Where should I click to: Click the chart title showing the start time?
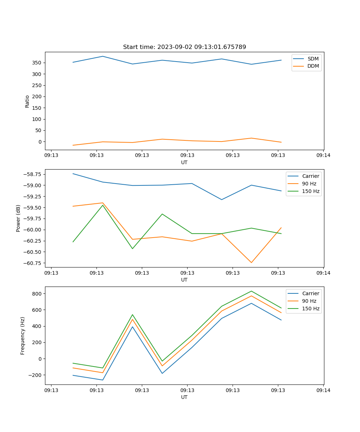(x=184, y=47)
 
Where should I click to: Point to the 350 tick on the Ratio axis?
(x=38, y=63)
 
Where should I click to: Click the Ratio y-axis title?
(x=27, y=101)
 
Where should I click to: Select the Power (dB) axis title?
(x=18, y=218)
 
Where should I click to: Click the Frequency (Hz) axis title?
(x=23, y=336)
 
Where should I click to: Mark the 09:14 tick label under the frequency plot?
(x=323, y=390)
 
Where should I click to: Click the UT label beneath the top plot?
(x=184, y=162)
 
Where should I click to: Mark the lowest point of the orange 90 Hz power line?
(x=251, y=262)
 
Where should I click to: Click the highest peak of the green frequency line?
(x=251, y=291)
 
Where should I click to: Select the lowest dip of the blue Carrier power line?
(x=221, y=199)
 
